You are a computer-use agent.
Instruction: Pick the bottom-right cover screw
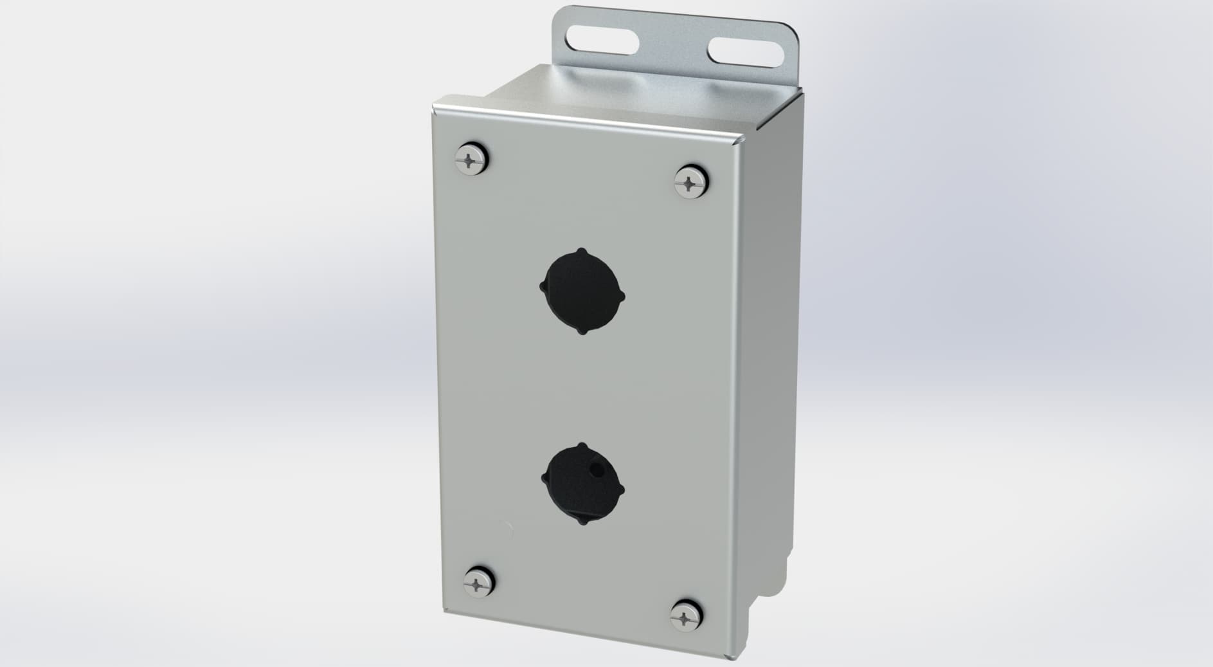click(685, 619)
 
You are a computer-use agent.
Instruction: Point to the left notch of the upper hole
click(544, 285)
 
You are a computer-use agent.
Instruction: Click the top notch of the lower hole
click(582, 446)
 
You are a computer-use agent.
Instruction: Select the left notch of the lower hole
click(545, 478)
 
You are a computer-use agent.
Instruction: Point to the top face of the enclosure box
click(617, 96)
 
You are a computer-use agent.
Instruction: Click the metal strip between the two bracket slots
click(672, 46)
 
